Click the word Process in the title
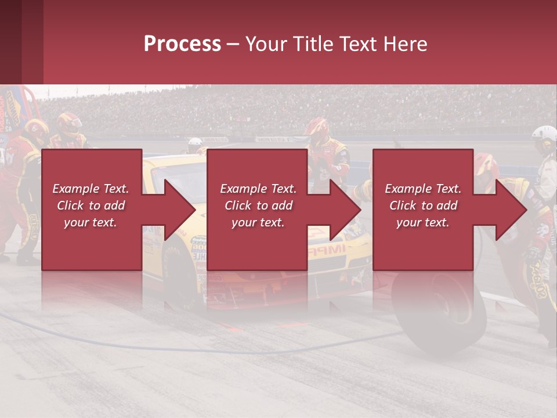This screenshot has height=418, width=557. pyautogui.click(x=182, y=44)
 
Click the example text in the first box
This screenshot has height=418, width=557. pyautogui.click(x=91, y=206)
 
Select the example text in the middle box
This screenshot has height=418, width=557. pyautogui.click(x=258, y=206)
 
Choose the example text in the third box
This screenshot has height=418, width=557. pyautogui.click(x=423, y=206)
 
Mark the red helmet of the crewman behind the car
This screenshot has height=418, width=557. pyautogui.click(x=317, y=126)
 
